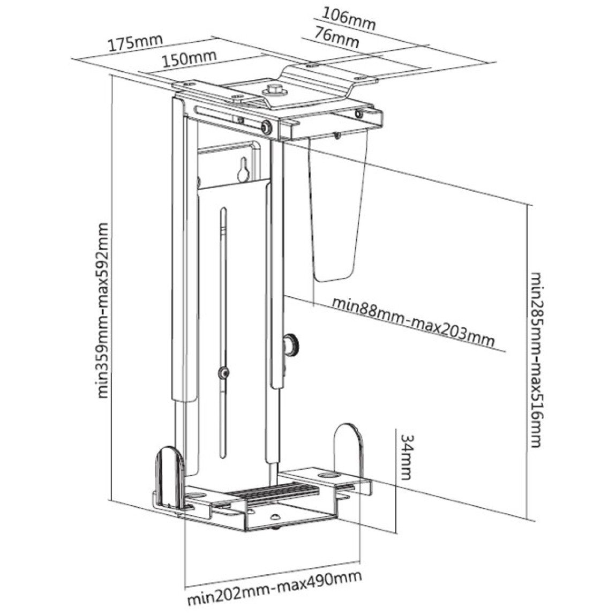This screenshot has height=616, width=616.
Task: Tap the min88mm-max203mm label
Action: (412, 323)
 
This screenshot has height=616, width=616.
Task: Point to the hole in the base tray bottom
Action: (274, 517)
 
